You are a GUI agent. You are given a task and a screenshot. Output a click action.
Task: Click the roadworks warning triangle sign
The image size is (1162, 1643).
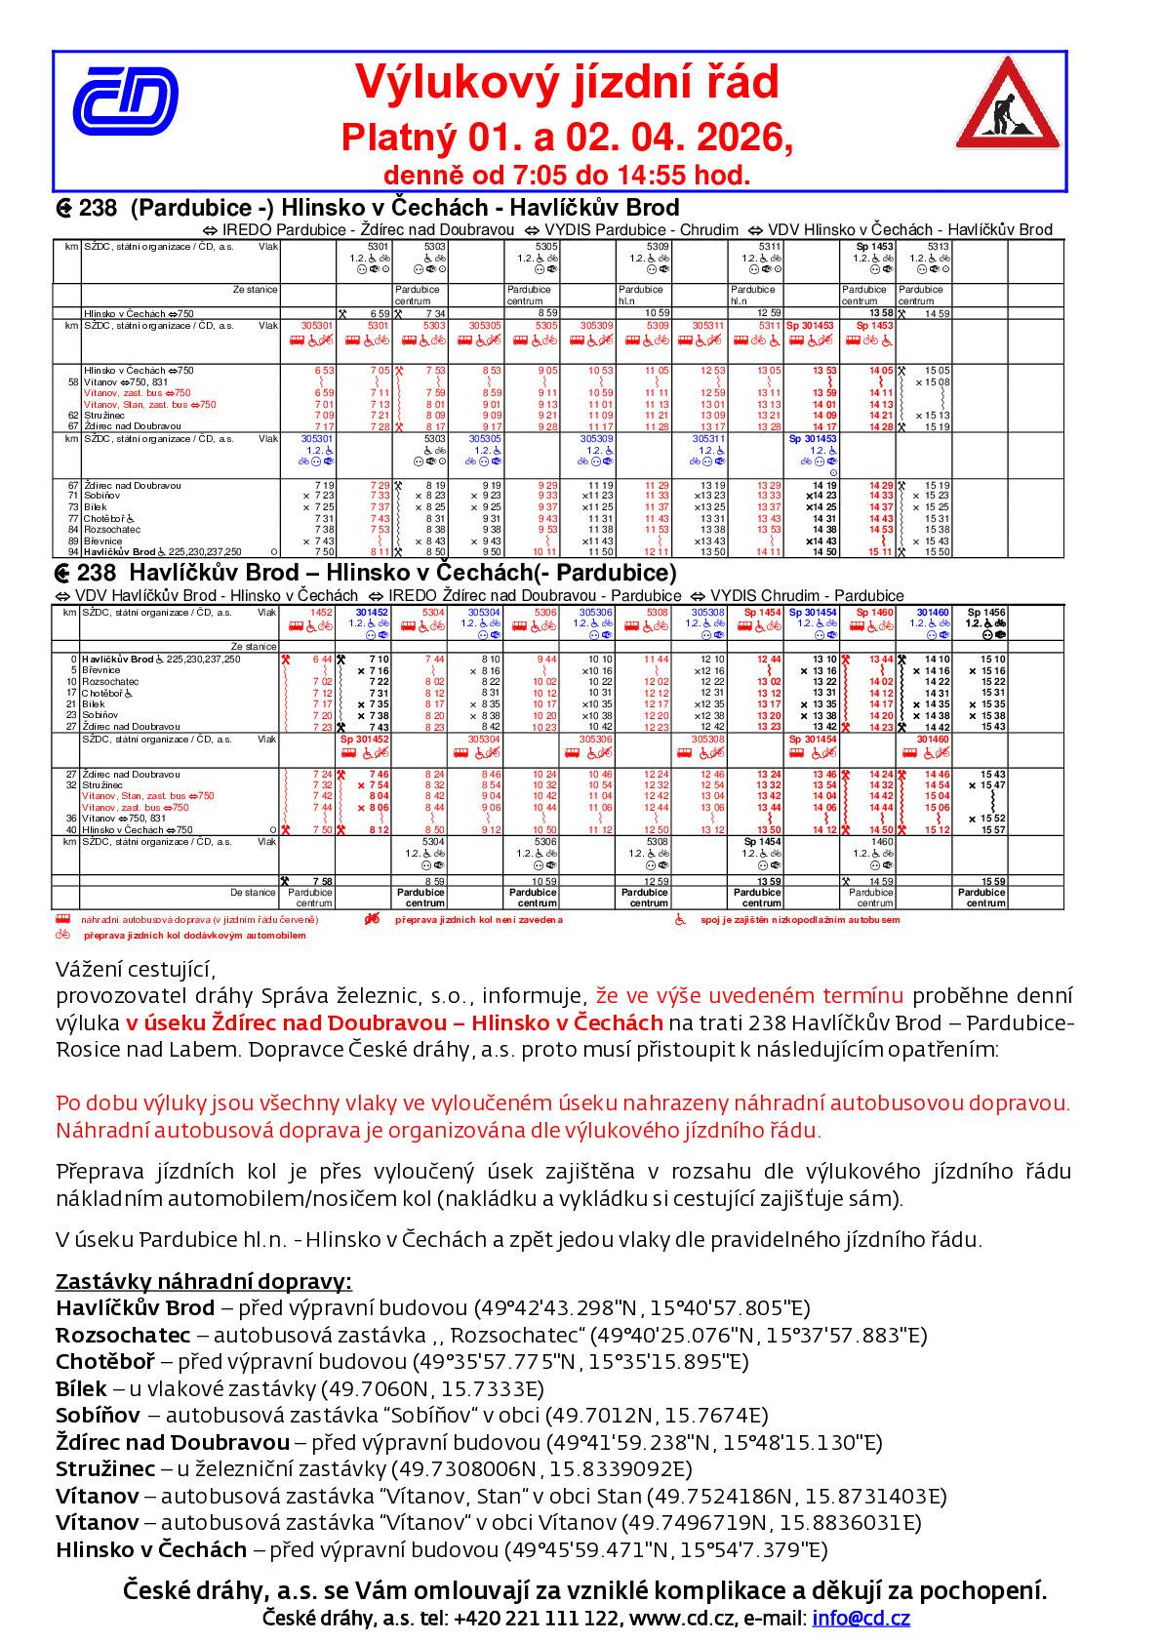[1005, 103]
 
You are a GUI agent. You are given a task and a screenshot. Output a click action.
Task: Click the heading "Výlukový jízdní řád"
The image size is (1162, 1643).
[566, 82]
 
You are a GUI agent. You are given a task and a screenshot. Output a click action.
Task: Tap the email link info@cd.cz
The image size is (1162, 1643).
[861, 1619]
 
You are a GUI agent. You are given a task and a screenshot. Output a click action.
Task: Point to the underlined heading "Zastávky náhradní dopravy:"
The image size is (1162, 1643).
[203, 1281]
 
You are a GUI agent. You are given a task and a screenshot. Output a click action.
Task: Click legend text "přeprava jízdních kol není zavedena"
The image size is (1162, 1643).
[478, 920]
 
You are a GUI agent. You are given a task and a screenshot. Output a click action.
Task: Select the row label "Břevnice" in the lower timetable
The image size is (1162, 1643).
[101, 670]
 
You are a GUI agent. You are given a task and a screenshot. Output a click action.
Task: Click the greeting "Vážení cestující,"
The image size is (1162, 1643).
[134, 970]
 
